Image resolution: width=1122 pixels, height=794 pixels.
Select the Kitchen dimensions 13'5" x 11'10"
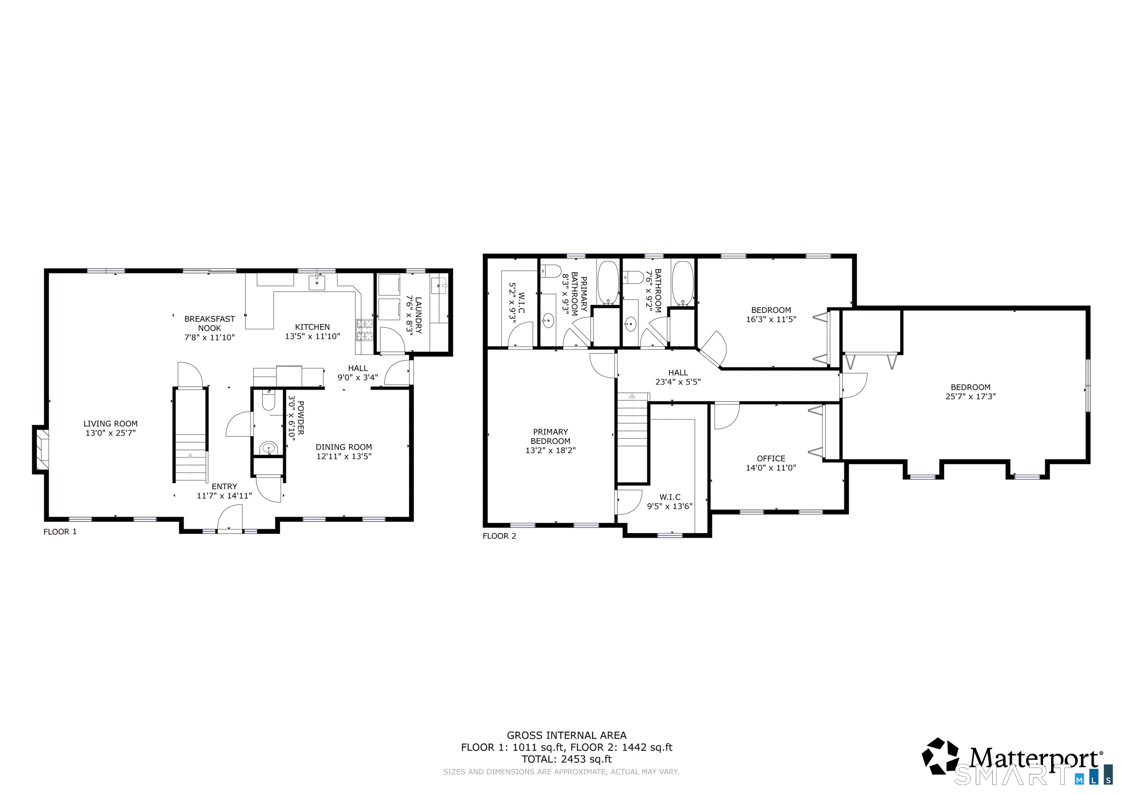tap(312, 337)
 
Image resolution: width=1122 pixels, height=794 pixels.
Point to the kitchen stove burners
tap(364, 330)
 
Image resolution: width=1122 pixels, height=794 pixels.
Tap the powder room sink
tap(268, 447)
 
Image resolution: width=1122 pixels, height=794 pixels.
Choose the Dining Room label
tap(344, 447)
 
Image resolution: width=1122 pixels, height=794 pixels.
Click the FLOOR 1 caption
tap(60, 532)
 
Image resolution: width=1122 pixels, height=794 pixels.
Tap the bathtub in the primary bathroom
tap(608, 283)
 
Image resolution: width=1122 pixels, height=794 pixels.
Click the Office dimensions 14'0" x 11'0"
tap(771, 468)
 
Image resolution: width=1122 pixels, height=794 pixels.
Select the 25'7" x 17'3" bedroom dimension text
tap(971, 397)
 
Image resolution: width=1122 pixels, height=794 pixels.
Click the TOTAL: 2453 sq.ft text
tap(567, 759)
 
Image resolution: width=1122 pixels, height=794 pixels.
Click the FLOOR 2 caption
tap(499, 536)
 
